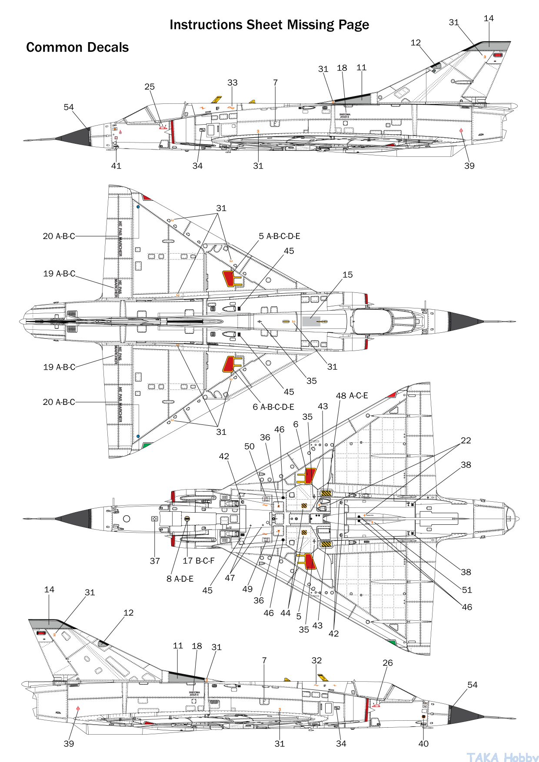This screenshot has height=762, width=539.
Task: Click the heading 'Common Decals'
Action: point(77,47)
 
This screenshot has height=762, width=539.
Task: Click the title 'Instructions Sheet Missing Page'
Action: point(269,25)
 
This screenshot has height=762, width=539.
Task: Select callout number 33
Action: point(233,83)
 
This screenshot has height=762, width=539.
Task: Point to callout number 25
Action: point(150,86)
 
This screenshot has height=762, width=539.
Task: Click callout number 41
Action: point(116,166)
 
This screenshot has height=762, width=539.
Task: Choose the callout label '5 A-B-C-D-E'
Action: point(279,236)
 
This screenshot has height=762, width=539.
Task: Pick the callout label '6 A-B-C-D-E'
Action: point(273,407)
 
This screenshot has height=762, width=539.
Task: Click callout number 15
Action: point(348,275)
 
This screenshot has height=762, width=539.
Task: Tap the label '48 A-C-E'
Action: point(352,395)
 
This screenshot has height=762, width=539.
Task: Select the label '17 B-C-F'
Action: point(198,560)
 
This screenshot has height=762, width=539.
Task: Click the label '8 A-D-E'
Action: point(180,579)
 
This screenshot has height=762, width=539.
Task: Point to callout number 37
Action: point(155,561)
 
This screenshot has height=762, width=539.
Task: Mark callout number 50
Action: point(250,446)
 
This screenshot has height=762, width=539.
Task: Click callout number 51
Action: point(467,590)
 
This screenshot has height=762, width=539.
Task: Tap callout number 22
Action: point(466,440)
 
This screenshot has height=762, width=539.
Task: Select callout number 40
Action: point(423,743)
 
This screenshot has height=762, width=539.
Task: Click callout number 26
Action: point(388,663)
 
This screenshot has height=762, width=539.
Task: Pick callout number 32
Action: point(317,660)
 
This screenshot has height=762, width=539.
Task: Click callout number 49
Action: point(247,589)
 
